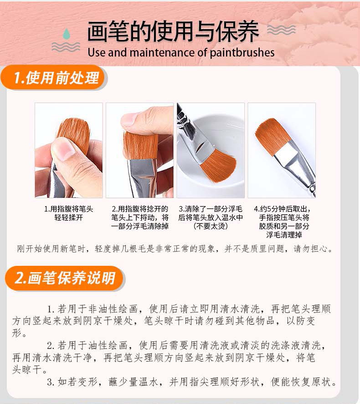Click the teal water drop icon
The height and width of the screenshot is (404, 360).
(x=67, y=33)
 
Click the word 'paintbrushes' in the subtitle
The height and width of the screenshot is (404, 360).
(x=242, y=53)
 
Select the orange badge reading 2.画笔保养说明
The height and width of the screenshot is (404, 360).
(x=64, y=278)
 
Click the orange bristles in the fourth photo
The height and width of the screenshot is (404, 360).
(x=271, y=135)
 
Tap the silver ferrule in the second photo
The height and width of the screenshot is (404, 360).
(x=141, y=178)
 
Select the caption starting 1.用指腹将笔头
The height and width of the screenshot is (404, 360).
(x=69, y=213)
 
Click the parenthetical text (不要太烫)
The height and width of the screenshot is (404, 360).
(x=211, y=226)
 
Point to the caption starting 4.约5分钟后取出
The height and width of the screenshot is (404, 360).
(x=283, y=222)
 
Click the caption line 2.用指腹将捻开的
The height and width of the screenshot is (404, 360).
(x=140, y=209)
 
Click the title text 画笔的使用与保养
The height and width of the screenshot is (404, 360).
(x=173, y=31)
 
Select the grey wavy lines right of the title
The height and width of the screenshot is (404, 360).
(x=281, y=30)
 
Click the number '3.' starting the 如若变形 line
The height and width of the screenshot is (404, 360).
(x=51, y=382)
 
